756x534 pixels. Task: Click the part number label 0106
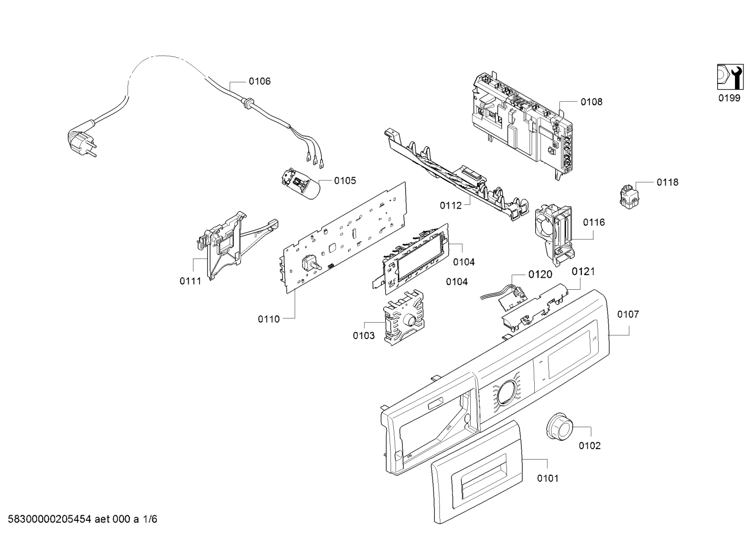point(260,81)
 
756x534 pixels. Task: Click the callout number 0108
point(591,102)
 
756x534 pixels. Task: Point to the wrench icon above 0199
point(730,81)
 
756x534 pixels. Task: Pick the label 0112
point(450,205)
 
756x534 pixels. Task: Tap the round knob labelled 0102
point(559,426)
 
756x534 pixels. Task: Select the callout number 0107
point(628,314)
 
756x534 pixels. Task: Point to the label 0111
point(190,281)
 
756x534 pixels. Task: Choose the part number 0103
point(364,335)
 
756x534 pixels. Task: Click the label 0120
point(540,275)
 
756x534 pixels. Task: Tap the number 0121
point(583,271)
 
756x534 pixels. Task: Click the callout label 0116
point(594,222)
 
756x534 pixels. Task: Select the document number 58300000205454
point(50,519)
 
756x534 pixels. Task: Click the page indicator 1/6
point(150,519)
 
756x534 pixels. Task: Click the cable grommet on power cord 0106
point(248,102)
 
